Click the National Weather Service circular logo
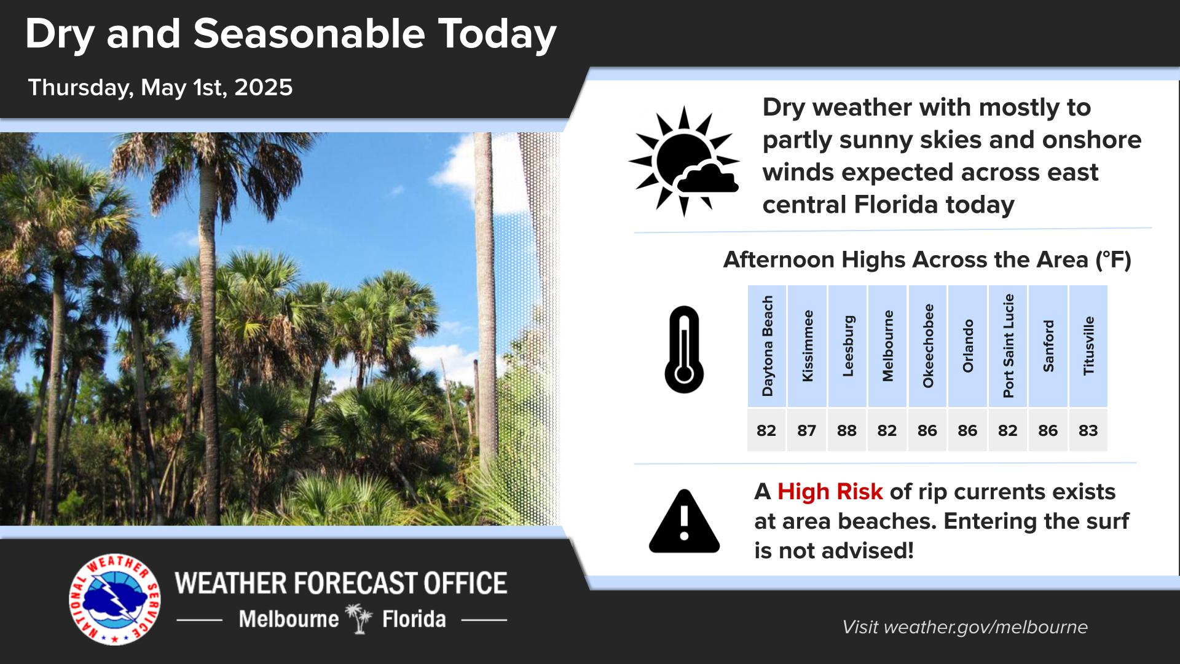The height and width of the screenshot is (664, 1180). coord(115,600)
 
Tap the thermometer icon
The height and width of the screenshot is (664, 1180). coord(683,349)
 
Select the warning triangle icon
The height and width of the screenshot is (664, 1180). coord(684,521)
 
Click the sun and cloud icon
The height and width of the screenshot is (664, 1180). coord(684,161)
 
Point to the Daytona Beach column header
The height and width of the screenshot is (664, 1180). coord(767,346)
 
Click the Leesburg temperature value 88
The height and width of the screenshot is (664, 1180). coord(846,430)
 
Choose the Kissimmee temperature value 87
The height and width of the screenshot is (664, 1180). coord(806,430)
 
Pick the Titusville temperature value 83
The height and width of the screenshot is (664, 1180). coord(1088,430)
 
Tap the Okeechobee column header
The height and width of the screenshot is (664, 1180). coord(927,346)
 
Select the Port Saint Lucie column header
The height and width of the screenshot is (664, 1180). coord(1008,346)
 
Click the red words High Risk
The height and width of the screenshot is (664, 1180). coord(830,492)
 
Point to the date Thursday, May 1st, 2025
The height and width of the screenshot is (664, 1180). coord(160,87)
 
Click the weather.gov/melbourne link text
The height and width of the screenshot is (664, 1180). coord(986,627)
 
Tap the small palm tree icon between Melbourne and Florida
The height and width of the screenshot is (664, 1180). coord(360,619)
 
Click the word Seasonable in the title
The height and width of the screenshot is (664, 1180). coord(309,34)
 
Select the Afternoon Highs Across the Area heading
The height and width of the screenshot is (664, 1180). coord(927,260)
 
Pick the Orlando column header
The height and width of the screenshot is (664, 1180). coord(968,346)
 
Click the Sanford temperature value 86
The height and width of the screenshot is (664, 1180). coord(1048,430)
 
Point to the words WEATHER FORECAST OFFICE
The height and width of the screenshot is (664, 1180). coord(341,583)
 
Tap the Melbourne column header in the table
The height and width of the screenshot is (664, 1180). coord(887,346)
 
